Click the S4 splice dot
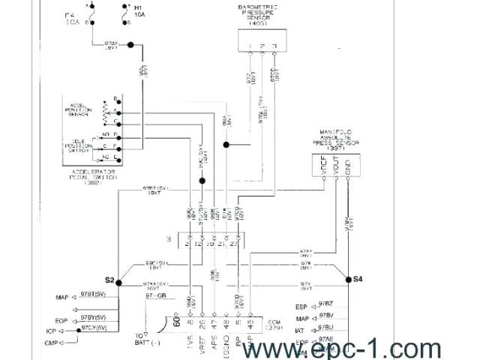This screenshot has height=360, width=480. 348,280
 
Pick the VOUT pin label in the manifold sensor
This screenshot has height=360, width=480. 336,167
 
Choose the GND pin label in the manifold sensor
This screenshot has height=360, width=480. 348,167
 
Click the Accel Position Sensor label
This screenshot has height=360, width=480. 79,111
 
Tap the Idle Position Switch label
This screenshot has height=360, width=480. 79,145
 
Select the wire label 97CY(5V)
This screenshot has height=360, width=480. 94,328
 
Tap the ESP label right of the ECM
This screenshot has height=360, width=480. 301,306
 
